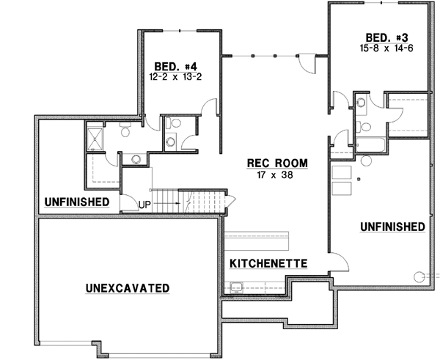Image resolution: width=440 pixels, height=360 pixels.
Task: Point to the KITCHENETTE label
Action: click(268, 263)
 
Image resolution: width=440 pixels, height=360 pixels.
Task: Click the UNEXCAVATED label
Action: click(127, 287)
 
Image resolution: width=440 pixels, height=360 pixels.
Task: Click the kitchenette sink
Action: click(237, 287)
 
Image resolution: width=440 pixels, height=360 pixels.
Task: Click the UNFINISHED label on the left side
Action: click(76, 202)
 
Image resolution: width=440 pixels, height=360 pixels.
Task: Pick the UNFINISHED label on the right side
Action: click(392, 227)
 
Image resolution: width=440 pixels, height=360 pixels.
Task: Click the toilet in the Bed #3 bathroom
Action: click(364, 125)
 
